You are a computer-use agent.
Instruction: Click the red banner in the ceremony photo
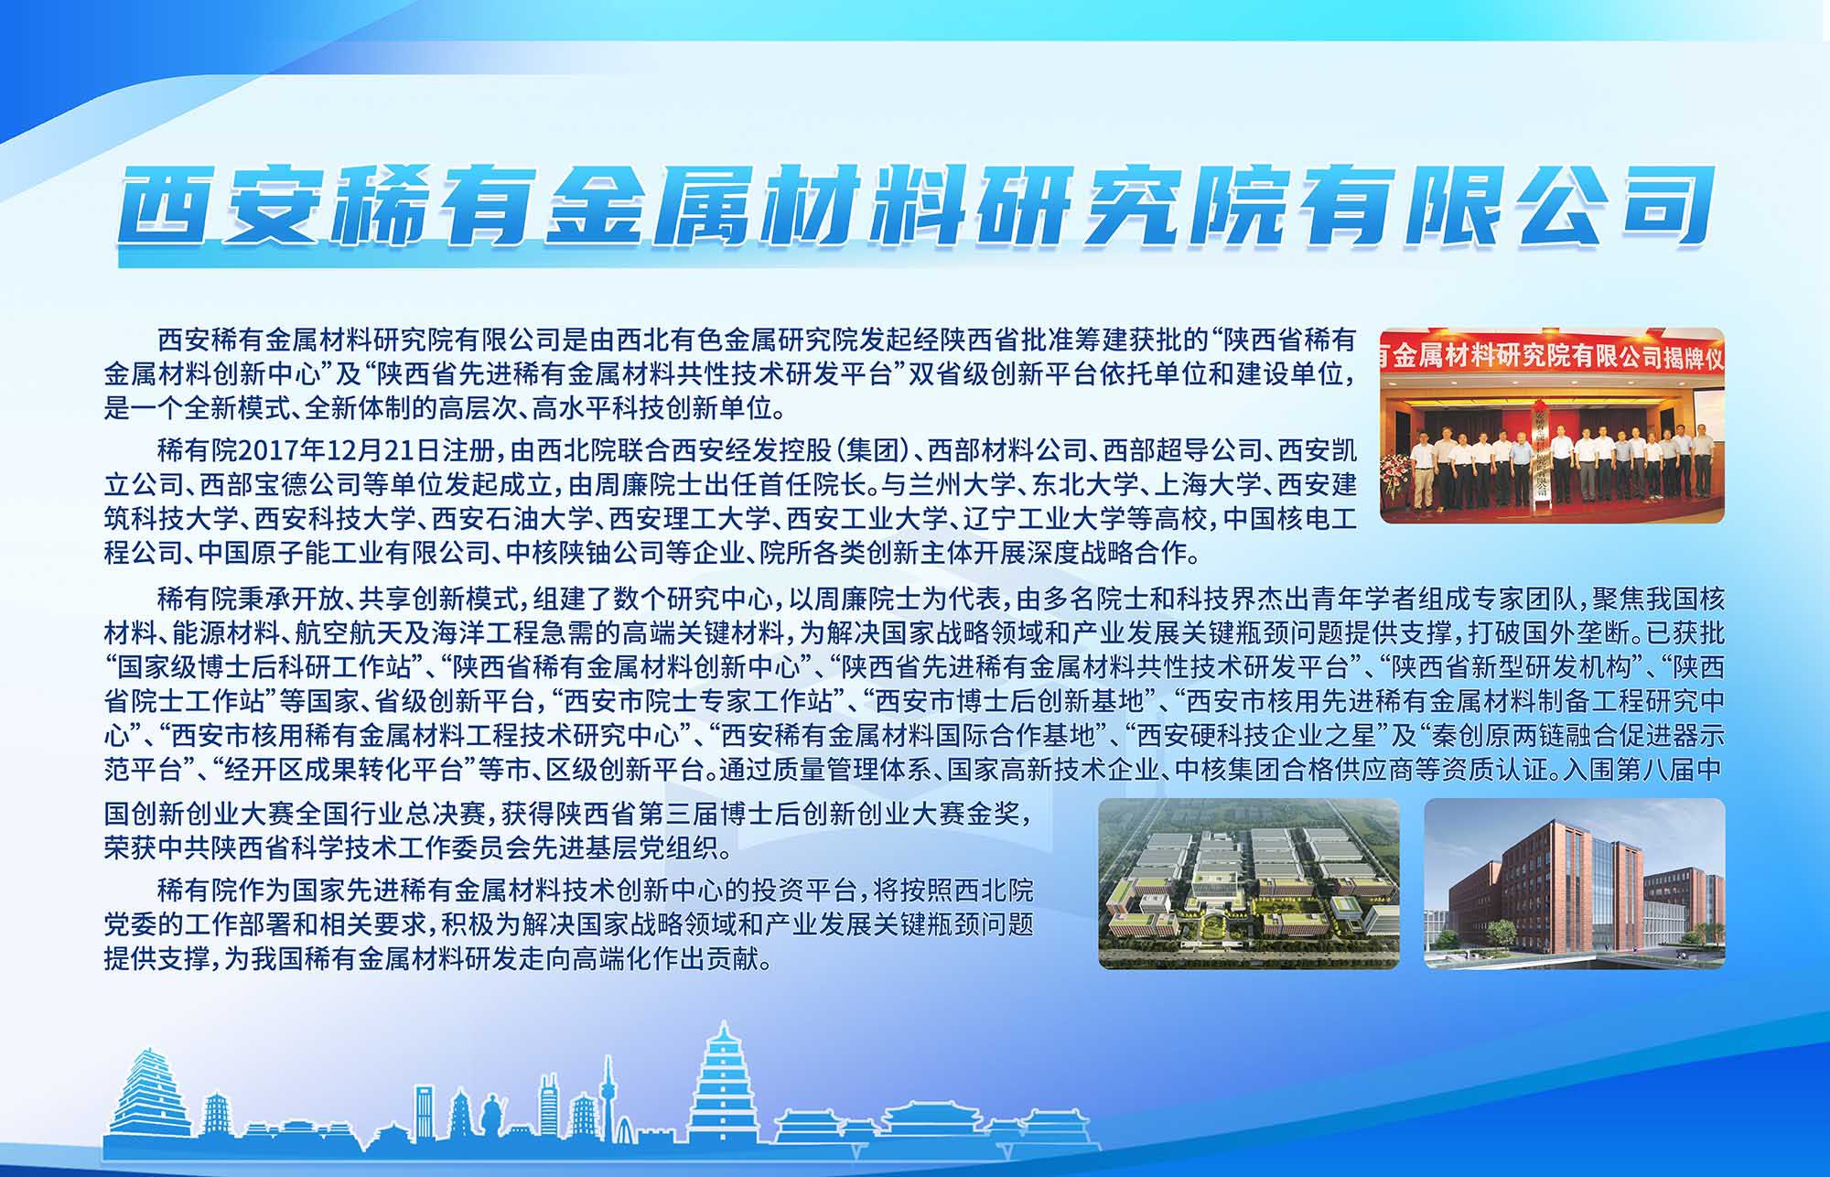[x=1552, y=356]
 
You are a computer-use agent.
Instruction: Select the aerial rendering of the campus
[x=1248, y=883]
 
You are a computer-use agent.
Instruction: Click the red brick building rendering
[x=1574, y=883]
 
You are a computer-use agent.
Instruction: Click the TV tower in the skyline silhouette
[x=608, y=1103]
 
